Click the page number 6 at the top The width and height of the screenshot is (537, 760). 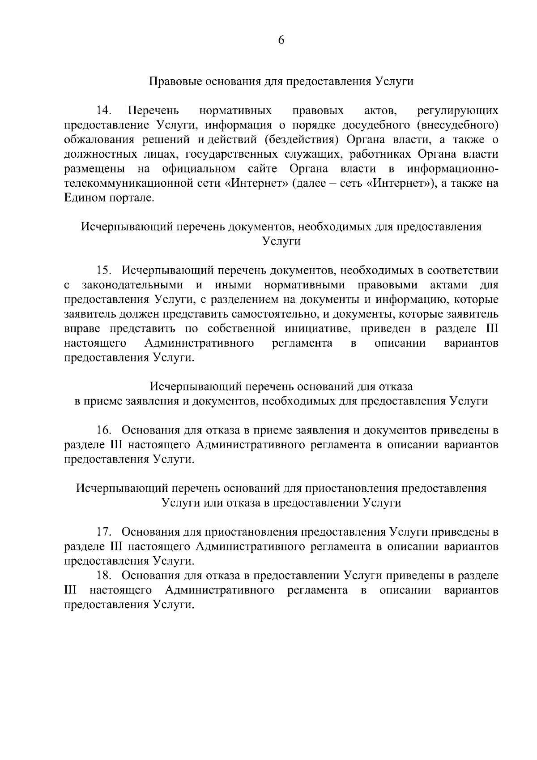click(281, 40)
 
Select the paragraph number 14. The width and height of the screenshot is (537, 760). click(104, 110)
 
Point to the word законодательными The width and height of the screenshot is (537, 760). click(132, 285)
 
